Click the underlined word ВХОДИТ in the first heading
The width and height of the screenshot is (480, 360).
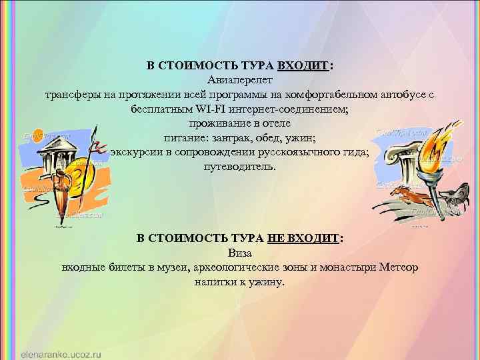(303, 67)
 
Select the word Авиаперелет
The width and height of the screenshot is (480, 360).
(239, 81)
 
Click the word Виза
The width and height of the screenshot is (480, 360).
(239, 253)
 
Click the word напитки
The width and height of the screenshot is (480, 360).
(215, 282)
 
